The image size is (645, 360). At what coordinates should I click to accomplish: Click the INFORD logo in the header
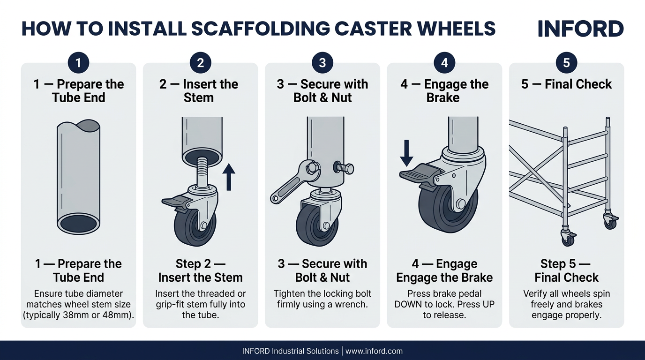[x=580, y=29]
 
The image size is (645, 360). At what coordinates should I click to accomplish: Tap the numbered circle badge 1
[x=78, y=63]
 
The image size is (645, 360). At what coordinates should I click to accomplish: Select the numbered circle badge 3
[x=322, y=63]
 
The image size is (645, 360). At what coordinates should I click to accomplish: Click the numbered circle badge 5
[x=566, y=63]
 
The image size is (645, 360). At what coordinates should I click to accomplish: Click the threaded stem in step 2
[x=202, y=171]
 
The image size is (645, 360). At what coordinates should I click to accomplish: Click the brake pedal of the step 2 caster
[x=174, y=201]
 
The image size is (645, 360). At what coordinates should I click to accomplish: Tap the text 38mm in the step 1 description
[x=86, y=315]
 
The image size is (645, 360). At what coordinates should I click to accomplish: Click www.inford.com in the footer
[x=374, y=351]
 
